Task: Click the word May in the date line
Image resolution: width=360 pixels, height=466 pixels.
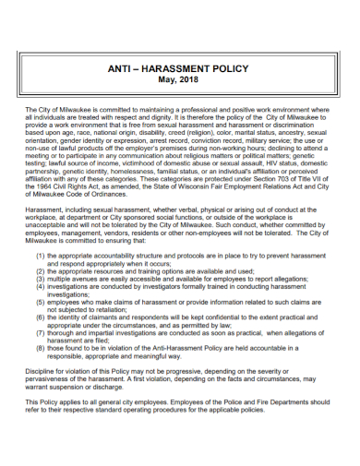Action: click(166, 81)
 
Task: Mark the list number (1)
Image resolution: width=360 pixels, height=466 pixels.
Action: click(41, 254)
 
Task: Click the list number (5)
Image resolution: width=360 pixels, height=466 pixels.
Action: click(41, 295)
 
